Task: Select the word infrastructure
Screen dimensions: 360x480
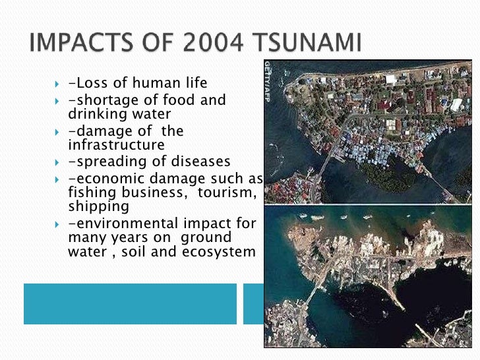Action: click(x=116, y=144)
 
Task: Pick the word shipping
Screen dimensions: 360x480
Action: click(x=94, y=206)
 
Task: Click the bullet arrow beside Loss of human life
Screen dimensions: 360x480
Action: click(x=56, y=84)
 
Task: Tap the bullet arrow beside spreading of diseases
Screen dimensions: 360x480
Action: click(x=56, y=162)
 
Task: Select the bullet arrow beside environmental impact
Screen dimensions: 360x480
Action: click(x=56, y=224)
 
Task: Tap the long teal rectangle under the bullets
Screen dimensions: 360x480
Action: click(x=130, y=303)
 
